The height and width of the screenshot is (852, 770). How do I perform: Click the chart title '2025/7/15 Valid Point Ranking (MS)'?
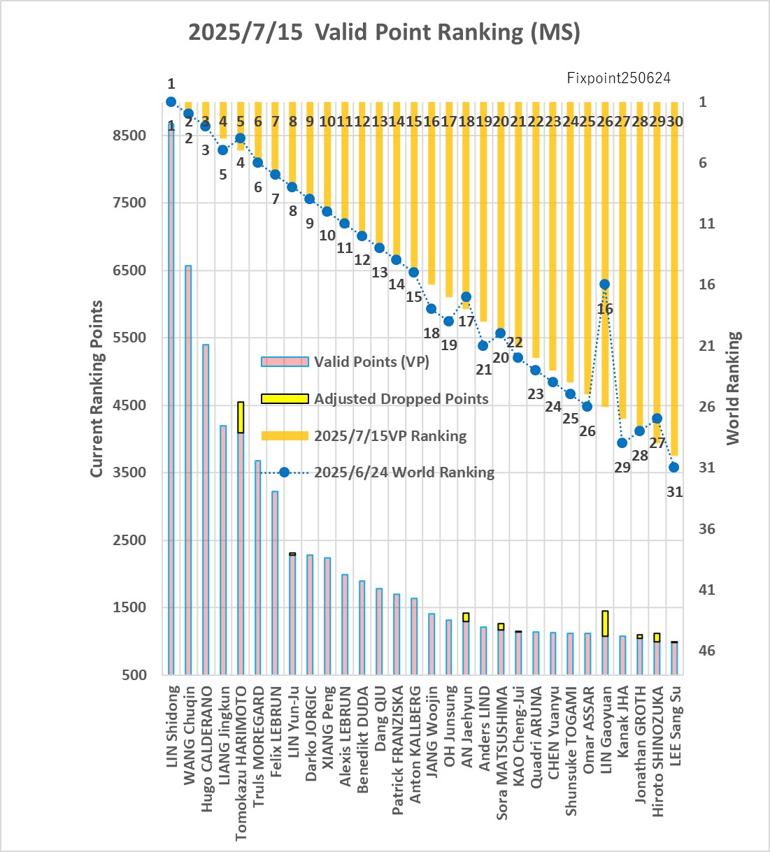tap(384, 33)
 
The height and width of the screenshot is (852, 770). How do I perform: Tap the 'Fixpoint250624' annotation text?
tap(619, 78)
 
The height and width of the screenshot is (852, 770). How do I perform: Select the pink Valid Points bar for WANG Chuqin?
tap(188, 470)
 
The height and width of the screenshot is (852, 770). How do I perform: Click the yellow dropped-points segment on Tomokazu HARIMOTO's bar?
tap(241, 417)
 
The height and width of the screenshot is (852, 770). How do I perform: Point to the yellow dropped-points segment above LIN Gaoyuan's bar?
tap(605, 623)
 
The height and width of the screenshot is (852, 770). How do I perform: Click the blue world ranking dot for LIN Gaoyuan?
tap(605, 284)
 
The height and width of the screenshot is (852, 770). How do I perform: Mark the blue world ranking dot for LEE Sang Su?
tap(674, 467)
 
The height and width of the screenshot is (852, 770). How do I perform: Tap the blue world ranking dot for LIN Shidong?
tap(171, 101)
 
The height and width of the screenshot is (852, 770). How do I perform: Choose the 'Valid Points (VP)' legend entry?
tap(345, 362)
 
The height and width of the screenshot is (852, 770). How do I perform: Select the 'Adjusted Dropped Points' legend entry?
tap(375, 398)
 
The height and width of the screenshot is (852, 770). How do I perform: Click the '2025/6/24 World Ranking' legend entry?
tap(378, 472)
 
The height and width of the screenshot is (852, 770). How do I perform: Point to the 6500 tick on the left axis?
tap(129, 270)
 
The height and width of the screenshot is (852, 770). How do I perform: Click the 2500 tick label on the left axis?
tap(129, 540)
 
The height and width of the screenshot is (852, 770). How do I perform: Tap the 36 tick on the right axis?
tap(706, 529)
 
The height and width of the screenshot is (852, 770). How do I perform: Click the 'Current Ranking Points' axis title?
tap(97, 389)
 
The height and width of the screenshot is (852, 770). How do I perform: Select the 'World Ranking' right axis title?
tap(734, 388)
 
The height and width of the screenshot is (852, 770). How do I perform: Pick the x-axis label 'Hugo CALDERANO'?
tap(206, 749)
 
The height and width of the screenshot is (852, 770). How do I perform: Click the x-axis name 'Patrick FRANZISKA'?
tap(397, 750)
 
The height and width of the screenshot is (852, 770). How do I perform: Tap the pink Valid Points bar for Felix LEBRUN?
tap(275, 583)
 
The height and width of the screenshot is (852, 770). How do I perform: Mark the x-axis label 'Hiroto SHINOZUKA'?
tap(658, 751)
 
